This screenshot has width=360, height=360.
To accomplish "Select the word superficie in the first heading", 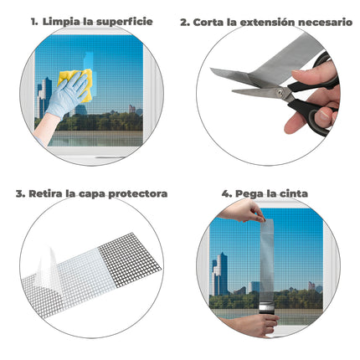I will click(126, 21).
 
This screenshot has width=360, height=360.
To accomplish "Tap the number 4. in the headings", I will click(226, 193).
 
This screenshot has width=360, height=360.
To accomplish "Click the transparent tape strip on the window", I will click(267, 260).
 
